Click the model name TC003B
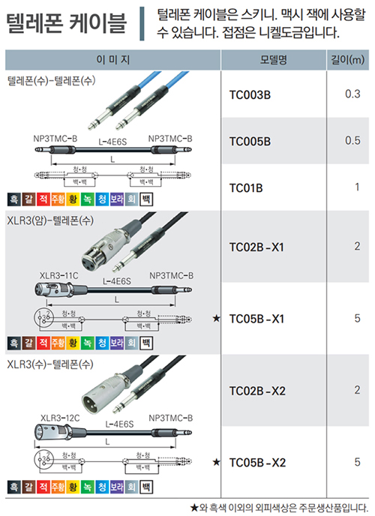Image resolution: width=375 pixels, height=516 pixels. tap(250, 95)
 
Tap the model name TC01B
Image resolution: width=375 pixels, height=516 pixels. tap(246, 188)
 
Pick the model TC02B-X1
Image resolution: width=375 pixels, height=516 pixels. tap(256, 247)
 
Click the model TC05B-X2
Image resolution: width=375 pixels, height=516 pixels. tap(257, 463)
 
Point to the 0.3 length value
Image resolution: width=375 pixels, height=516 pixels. tap(352, 94)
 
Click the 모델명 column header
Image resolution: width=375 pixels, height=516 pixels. tap(273, 60)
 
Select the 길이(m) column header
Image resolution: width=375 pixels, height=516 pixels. tap(348, 60)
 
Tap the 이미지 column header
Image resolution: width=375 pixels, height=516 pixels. tap(112, 60)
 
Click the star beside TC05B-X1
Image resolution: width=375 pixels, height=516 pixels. tap(216, 318)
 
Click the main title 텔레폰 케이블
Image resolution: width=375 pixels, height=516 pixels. tap(66, 23)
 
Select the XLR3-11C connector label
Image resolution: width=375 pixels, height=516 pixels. tap(59, 275)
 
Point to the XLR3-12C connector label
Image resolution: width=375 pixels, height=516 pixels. tap(60, 418)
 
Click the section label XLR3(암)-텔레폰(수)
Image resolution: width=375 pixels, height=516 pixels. tap(50, 220)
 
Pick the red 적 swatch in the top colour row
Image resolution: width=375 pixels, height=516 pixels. tap(43, 199)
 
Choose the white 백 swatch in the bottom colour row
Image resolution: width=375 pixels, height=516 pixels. tap(146, 487)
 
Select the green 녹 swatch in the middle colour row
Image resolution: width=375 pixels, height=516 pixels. tap(88, 343)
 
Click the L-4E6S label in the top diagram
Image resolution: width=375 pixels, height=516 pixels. tap(112, 142)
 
